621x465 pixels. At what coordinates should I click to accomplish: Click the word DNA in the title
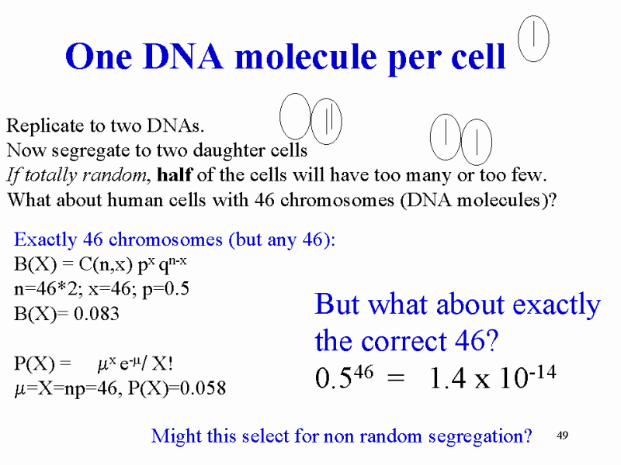(x=183, y=56)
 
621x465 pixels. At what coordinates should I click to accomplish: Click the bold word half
(x=175, y=174)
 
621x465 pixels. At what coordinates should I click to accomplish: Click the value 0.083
(x=96, y=314)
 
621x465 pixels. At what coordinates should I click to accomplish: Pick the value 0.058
(x=203, y=388)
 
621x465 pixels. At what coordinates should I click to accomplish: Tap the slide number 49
(x=562, y=436)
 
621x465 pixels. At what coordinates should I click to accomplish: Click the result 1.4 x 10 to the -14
(x=493, y=377)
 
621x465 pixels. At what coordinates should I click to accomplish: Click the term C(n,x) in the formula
(x=106, y=264)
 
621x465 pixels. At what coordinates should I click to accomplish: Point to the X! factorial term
(x=162, y=363)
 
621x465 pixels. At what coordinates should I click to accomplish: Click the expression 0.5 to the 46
(x=344, y=377)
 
